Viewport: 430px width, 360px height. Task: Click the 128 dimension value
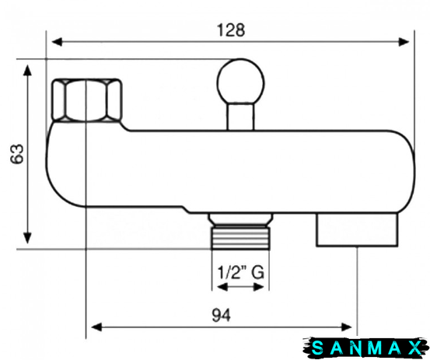231,30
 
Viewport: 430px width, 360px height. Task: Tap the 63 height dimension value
17,154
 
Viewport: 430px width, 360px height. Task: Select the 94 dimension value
222,315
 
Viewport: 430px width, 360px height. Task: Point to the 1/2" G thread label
240,272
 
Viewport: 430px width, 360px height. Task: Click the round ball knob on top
240,82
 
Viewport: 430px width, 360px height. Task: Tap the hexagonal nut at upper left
87,100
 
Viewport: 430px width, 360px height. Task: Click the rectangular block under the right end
357,230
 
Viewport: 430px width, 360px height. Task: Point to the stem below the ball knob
240,117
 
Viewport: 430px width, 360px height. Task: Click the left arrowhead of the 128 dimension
57,42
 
